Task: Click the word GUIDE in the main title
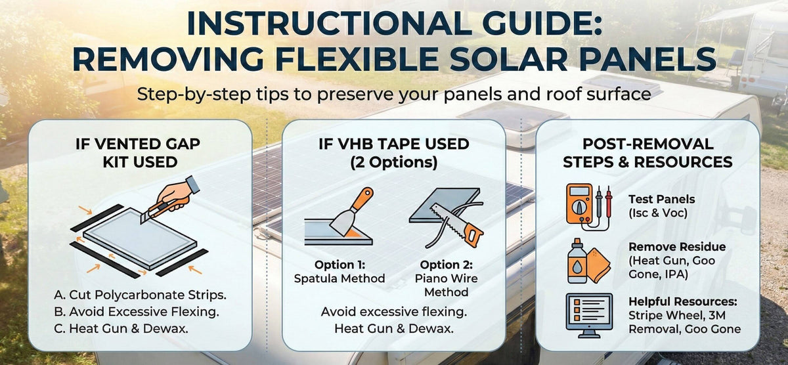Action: point(527,25)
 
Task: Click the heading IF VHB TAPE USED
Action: point(394,143)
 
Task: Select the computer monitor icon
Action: point(588,314)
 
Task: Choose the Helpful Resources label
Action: point(682,302)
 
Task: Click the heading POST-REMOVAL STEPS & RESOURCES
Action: point(647,152)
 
